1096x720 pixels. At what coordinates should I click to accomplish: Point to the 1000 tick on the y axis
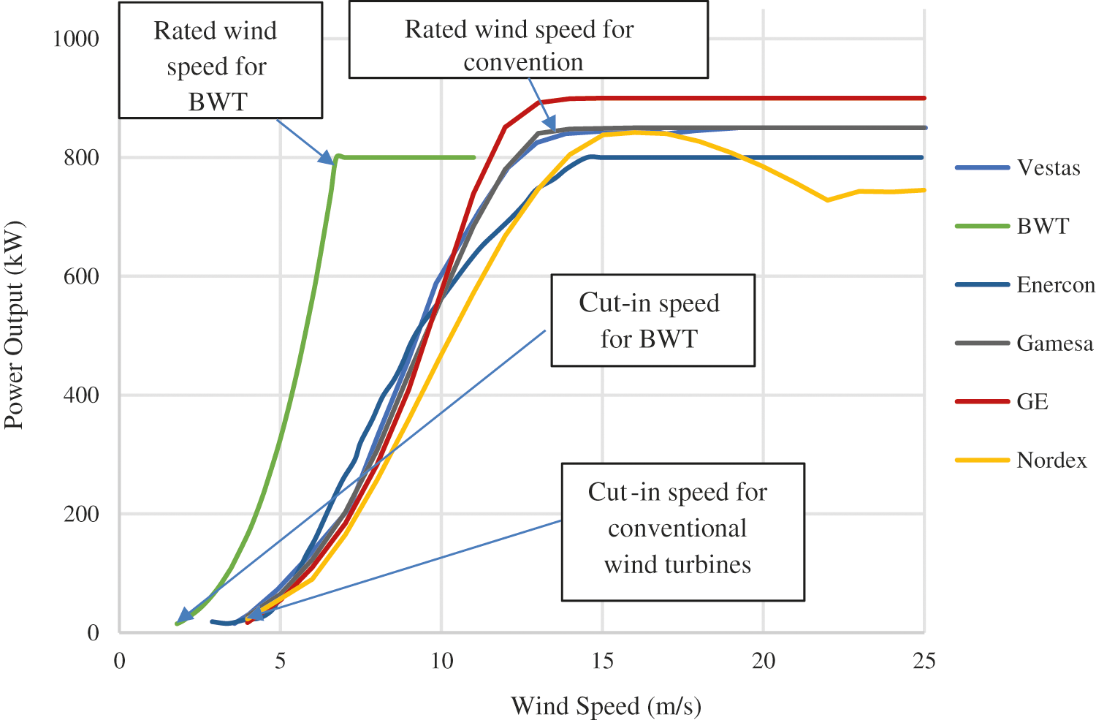76,38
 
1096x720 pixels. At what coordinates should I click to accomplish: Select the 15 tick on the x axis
602,662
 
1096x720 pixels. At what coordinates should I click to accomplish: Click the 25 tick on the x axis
924,662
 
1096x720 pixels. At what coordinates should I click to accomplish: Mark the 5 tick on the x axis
281,662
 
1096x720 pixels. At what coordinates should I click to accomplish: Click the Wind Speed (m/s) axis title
606,707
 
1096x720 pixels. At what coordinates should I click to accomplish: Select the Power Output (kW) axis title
15,325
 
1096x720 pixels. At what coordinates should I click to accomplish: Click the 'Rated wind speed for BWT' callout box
220,60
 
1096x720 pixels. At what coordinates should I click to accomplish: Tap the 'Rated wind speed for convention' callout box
528,39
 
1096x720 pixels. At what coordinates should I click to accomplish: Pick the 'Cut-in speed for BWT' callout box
652,320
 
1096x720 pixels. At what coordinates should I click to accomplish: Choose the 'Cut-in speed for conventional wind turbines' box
682,531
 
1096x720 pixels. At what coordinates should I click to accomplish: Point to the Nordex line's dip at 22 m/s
828,200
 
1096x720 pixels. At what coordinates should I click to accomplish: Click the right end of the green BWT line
474,157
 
